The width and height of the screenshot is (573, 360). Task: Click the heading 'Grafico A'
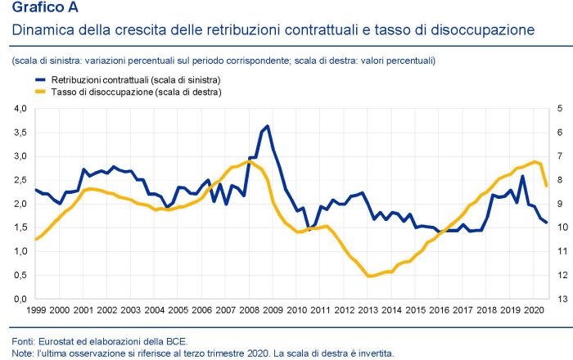pos(39,11)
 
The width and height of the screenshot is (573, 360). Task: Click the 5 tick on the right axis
pos(559,108)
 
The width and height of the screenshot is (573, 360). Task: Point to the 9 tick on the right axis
pos(559,205)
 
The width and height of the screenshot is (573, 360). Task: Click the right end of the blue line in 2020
pos(546,223)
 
